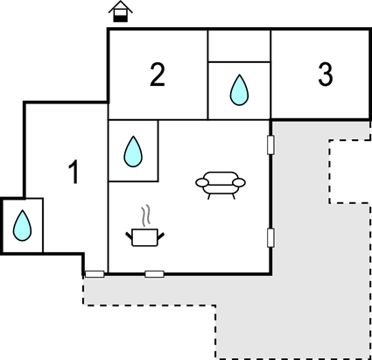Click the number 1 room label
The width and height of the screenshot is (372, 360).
74,172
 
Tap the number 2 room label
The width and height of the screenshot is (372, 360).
158,74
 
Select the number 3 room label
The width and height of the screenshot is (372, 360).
325,74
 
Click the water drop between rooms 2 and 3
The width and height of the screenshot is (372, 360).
239,90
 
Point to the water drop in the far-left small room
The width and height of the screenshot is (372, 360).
22,225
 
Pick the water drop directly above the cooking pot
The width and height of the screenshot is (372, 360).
133,152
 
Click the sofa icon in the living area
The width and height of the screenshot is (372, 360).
221,185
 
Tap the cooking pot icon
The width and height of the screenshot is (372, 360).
145,237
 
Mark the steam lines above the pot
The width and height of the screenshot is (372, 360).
146,215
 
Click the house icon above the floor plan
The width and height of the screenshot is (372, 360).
121,11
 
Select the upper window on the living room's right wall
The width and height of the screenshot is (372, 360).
270,145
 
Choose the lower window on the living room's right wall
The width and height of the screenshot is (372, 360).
270,237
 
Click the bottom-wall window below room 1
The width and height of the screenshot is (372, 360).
95,274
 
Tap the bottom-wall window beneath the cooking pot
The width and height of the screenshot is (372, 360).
155,274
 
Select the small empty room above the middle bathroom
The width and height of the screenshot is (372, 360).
239,46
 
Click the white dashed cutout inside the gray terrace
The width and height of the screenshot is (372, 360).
350,172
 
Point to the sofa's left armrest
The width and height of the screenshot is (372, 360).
202,183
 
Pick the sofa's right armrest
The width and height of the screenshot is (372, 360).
239,183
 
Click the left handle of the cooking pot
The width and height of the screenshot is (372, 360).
129,235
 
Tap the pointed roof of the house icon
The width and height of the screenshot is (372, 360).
121,7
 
